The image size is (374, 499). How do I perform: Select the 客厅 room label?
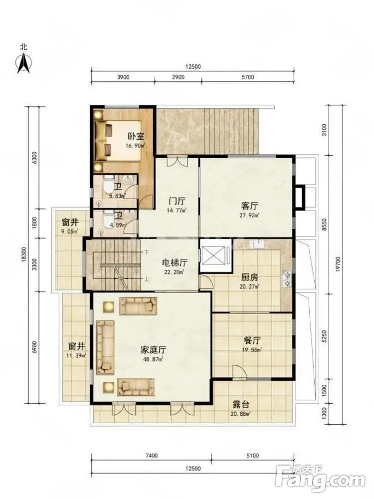249,206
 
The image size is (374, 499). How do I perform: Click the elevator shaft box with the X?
213,255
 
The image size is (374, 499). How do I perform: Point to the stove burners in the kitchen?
286,279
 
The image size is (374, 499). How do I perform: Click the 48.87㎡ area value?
153,359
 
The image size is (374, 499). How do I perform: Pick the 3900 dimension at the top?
123,77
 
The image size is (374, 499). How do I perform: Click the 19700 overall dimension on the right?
338,264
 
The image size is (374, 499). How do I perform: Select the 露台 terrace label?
241,405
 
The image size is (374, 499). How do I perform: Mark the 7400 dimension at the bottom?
151,456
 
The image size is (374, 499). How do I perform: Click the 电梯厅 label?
175,262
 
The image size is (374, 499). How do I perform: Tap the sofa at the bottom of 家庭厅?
136,386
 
